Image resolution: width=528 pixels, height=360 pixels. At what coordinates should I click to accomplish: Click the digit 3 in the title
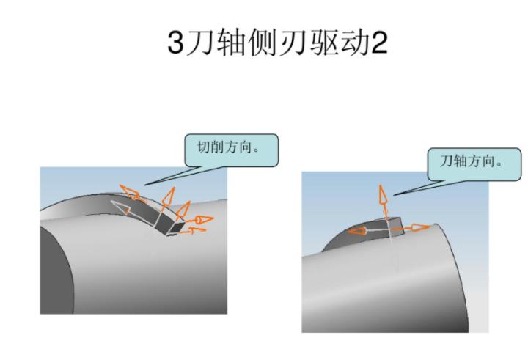click(x=177, y=43)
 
